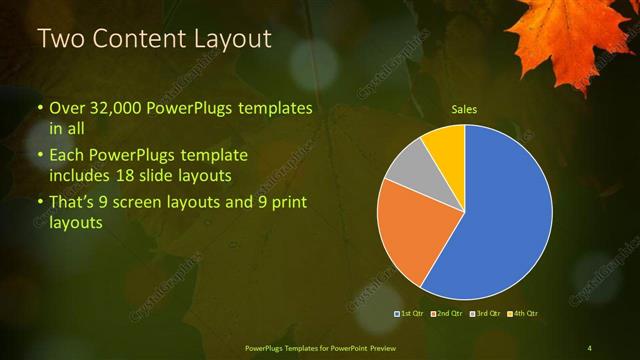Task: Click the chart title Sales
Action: [464, 109]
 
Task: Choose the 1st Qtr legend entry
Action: [410, 313]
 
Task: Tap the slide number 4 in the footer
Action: [589, 347]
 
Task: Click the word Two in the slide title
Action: [57, 40]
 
